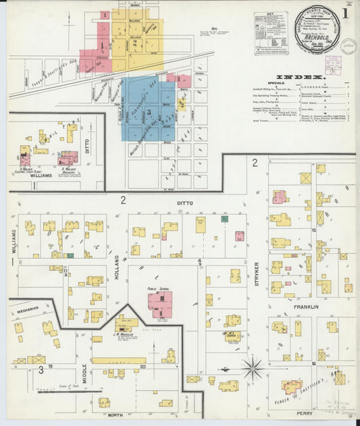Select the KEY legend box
pyautogui.click(x=271, y=33)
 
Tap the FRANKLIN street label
pyautogui.click(x=305, y=307)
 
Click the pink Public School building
pyautogui.click(x=161, y=303)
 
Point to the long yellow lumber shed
pyautogui.click(x=119, y=361)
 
